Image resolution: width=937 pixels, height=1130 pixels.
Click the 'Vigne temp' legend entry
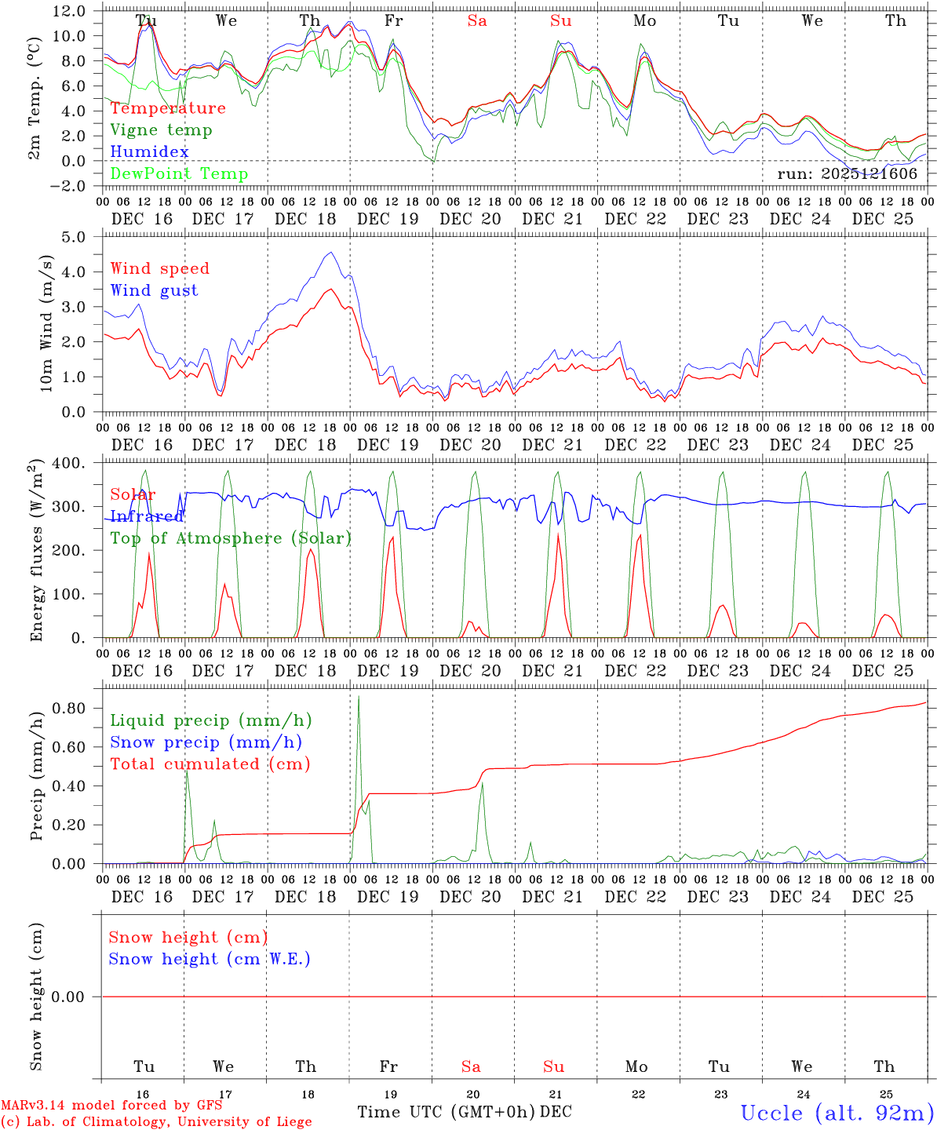[x=161, y=130]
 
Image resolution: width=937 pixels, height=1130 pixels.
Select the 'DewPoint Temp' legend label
[x=179, y=174]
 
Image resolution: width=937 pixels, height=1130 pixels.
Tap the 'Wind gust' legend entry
[x=154, y=290]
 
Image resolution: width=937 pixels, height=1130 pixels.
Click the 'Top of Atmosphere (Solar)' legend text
[x=231, y=538]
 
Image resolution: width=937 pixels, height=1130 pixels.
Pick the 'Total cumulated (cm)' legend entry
[x=210, y=764]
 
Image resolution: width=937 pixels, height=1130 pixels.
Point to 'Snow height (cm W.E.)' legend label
[x=210, y=959]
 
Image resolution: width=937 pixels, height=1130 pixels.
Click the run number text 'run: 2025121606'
[x=847, y=174]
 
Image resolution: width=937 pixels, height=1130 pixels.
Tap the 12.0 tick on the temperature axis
[x=70, y=11]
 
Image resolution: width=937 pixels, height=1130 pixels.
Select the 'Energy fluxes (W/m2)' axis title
[x=36, y=552]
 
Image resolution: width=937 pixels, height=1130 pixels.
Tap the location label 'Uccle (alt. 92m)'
[x=837, y=1113]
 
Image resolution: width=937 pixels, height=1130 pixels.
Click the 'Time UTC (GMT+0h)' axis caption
[x=446, y=1112]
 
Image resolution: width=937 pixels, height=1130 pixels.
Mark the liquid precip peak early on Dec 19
[x=359, y=696]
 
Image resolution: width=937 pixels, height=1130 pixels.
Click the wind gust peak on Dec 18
[x=331, y=253]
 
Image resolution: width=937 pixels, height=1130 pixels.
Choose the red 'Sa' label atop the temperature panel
[x=477, y=21]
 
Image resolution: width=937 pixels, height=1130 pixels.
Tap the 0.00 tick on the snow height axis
[x=78, y=997]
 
